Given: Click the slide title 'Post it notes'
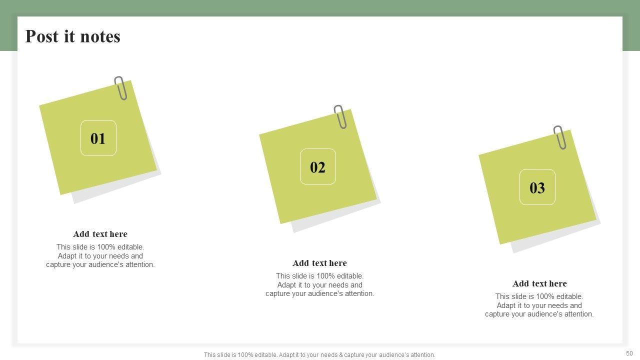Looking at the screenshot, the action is pos(73,36).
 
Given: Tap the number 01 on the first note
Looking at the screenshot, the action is pos(98,138).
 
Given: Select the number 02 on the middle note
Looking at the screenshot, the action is pos(317,167).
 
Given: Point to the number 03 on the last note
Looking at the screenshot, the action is pos(537,187).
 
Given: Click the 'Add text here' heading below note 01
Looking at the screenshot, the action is pos(100,234).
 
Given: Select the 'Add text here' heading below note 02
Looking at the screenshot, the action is pos(319,263).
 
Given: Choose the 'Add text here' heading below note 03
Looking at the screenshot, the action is pos(539,283).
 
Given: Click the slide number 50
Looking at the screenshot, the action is pos(629,353).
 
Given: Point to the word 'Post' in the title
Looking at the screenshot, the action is pos(42,36).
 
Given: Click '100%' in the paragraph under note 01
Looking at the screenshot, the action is pos(107,247).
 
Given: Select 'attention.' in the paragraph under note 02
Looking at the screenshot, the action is pos(359,293).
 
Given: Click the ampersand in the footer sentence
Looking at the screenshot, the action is pos(341,355).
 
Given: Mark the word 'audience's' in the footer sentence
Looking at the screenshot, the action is pos(394,355).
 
